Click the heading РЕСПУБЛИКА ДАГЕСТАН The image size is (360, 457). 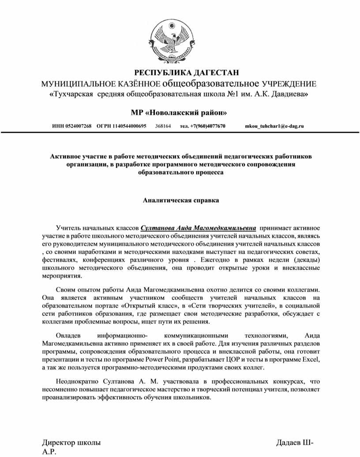tap(186, 73)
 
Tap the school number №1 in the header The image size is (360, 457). tap(236, 94)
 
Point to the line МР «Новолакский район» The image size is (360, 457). tap(179, 112)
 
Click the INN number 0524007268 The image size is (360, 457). tap(78, 126)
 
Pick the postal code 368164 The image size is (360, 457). tap(163, 126)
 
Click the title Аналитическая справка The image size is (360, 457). tap(181, 200)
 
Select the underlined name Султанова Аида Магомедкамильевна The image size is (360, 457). tap(198, 228)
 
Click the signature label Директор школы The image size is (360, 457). tap(71, 442)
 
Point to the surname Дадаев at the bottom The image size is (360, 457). tap(289, 442)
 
